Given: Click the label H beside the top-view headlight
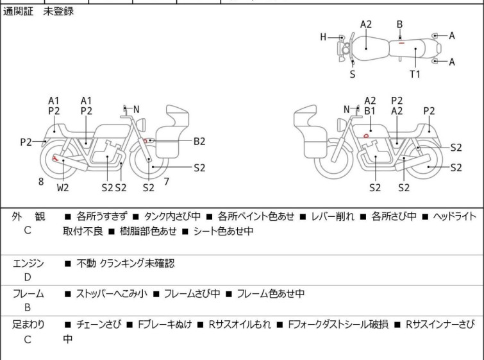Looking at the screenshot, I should tap(324, 37).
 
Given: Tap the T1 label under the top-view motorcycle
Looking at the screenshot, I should tap(415, 74).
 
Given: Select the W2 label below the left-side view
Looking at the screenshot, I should tap(63, 187).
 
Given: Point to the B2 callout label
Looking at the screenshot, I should tap(199, 141).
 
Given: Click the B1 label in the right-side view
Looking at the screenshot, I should tap(370, 111).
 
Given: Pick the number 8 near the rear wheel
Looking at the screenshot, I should tap(41, 182).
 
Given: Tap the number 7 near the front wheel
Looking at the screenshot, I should tap(166, 182).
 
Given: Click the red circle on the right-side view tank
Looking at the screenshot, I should tap(365, 135).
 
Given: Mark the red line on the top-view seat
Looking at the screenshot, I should tap(400, 44).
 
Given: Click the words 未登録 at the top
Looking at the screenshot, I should tap(58, 12).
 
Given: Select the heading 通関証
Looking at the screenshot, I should tap(18, 12).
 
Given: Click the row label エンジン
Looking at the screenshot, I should tap(29, 263).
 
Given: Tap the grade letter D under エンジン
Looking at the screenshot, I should tap(28, 277).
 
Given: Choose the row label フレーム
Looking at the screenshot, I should tap(29, 294).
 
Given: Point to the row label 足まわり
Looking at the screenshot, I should tap(29, 325).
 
